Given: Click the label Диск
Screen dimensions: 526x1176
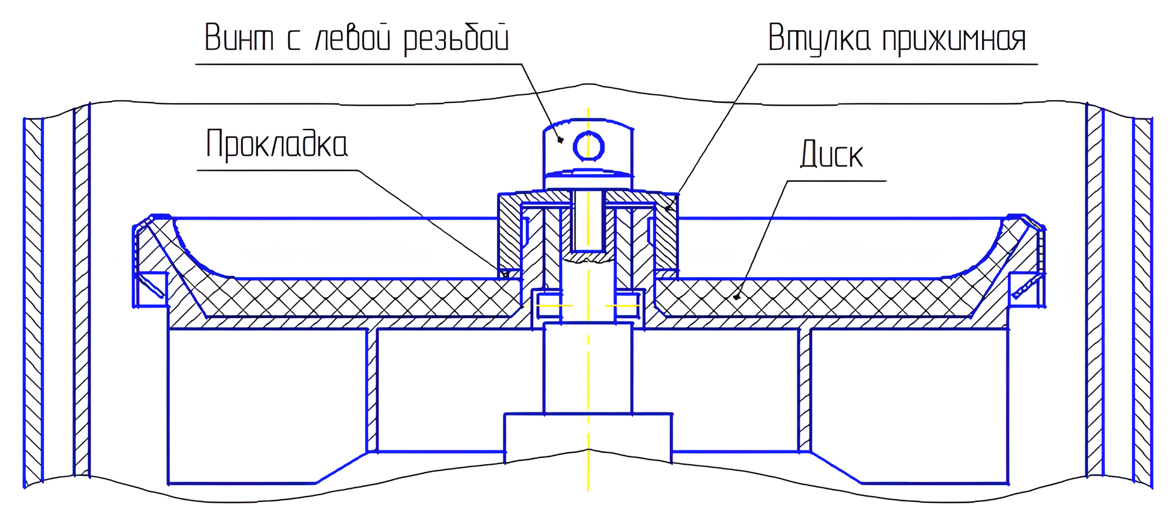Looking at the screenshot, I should coord(831,155).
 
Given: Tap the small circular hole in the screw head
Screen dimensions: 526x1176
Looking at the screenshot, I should coord(588,147).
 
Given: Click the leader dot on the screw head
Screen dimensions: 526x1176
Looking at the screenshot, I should coord(561,140).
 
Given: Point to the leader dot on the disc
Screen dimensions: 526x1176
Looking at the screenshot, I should coord(736,297).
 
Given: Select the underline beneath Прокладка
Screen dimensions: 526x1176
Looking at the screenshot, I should coord(276,171).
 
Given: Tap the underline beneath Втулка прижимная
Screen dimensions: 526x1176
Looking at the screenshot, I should coord(897,64).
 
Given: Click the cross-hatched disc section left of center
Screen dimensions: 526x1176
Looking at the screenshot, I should coord(353,297).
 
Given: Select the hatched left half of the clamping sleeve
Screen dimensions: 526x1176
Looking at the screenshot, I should coord(509,232).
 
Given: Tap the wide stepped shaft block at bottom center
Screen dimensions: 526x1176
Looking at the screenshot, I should coord(588,435).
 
